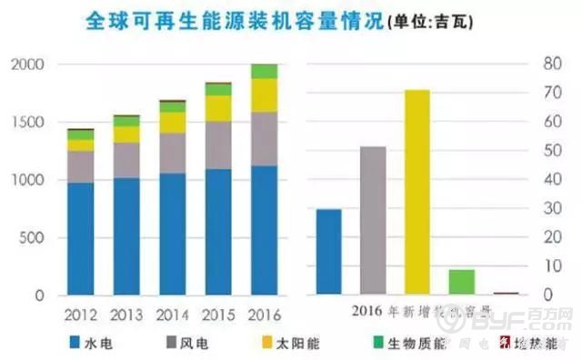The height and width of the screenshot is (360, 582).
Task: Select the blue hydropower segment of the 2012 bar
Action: point(80,238)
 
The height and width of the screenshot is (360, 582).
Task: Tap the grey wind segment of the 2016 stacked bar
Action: point(264,138)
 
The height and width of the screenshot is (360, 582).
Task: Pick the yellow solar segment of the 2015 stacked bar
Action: point(217,108)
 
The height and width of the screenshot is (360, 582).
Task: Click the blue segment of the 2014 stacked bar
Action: point(172,234)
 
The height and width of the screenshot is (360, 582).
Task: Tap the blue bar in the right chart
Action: point(328,252)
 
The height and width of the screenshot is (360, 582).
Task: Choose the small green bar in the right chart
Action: point(461,282)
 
